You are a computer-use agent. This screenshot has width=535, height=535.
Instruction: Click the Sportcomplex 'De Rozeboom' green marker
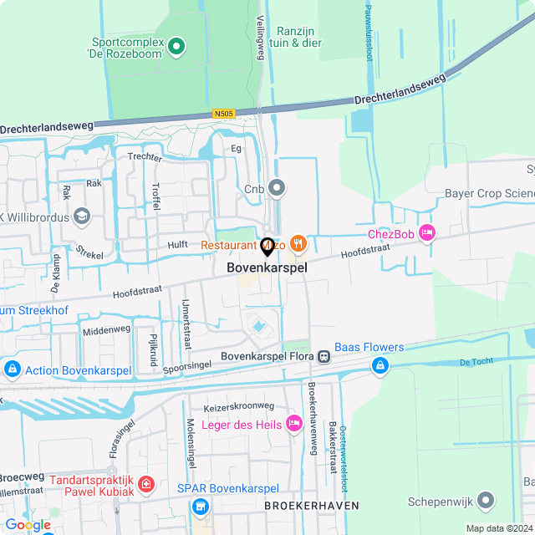[176, 47]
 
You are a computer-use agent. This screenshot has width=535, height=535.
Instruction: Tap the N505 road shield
[224, 114]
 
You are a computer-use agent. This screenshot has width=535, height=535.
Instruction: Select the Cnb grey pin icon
[278, 189]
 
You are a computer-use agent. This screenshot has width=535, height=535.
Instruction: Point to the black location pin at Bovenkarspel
[267, 247]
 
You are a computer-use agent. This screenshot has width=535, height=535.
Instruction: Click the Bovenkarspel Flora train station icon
[324, 357]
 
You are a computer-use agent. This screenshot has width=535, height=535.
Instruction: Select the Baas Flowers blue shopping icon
[380, 366]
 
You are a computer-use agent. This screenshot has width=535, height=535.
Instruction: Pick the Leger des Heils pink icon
[293, 424]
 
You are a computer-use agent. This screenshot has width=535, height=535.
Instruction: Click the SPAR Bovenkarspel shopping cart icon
[200, 507]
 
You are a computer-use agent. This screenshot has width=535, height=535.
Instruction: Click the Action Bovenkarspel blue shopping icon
[12, 369]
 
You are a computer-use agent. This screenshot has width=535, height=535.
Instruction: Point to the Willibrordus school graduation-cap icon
[81, 217]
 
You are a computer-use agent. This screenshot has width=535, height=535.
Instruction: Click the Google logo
[28, 524]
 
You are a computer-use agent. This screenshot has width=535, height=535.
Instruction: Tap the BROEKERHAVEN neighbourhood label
[312, 506]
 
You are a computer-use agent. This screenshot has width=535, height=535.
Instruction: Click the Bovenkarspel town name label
[267, 268]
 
